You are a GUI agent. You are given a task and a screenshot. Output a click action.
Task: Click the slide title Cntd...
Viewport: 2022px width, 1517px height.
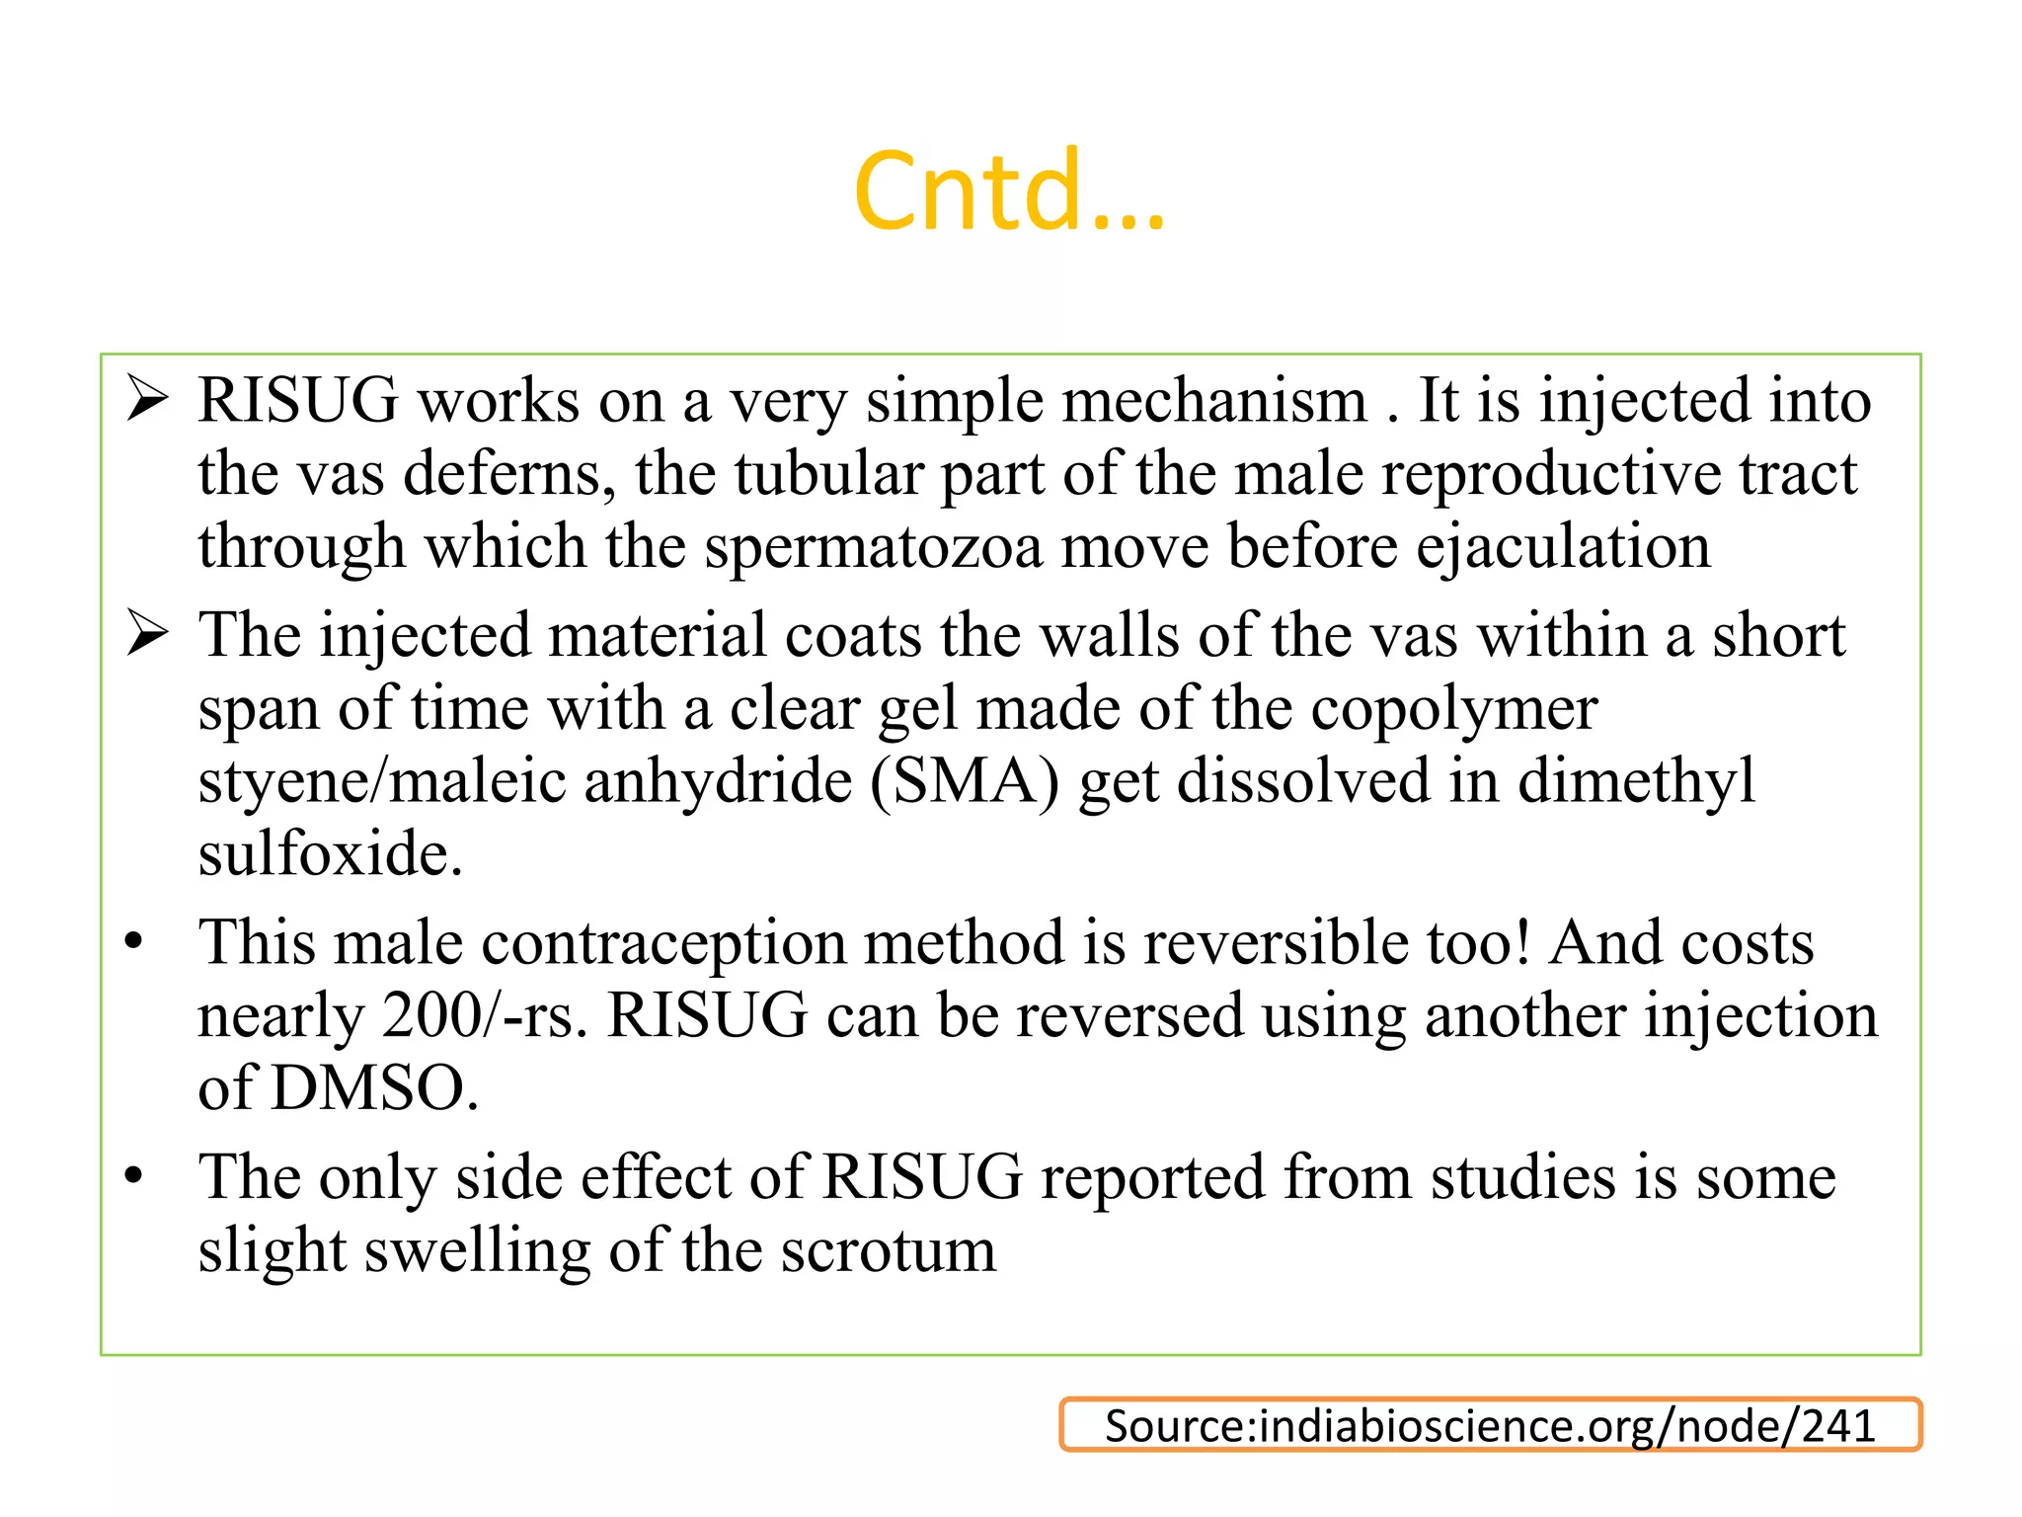[1009, 191]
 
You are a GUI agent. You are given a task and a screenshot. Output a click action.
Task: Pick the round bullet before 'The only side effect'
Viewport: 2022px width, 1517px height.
[134, 1176]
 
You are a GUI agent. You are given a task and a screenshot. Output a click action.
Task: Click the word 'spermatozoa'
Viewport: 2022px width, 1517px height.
[873, 548]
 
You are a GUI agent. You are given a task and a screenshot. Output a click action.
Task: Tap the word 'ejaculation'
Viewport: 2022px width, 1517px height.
[1563, 548]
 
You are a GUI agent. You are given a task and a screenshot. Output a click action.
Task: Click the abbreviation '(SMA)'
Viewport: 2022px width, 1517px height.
[965, 781]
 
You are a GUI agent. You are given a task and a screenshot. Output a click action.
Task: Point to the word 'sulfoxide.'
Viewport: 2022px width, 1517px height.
[330, 854]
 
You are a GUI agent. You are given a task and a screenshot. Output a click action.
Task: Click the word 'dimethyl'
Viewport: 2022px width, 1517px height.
[1636, 781]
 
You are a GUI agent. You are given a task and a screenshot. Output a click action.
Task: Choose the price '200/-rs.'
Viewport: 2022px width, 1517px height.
[484, 1016]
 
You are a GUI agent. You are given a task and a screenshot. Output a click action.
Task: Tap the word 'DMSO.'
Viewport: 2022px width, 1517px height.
[374, 1089]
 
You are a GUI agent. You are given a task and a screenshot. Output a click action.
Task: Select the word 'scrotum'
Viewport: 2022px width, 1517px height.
[888, 1251]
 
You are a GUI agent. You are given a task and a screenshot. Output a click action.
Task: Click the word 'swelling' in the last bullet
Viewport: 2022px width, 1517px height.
[477, 1251]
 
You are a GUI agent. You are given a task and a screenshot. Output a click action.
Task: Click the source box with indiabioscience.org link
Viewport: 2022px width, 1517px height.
[1490, 1425]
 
